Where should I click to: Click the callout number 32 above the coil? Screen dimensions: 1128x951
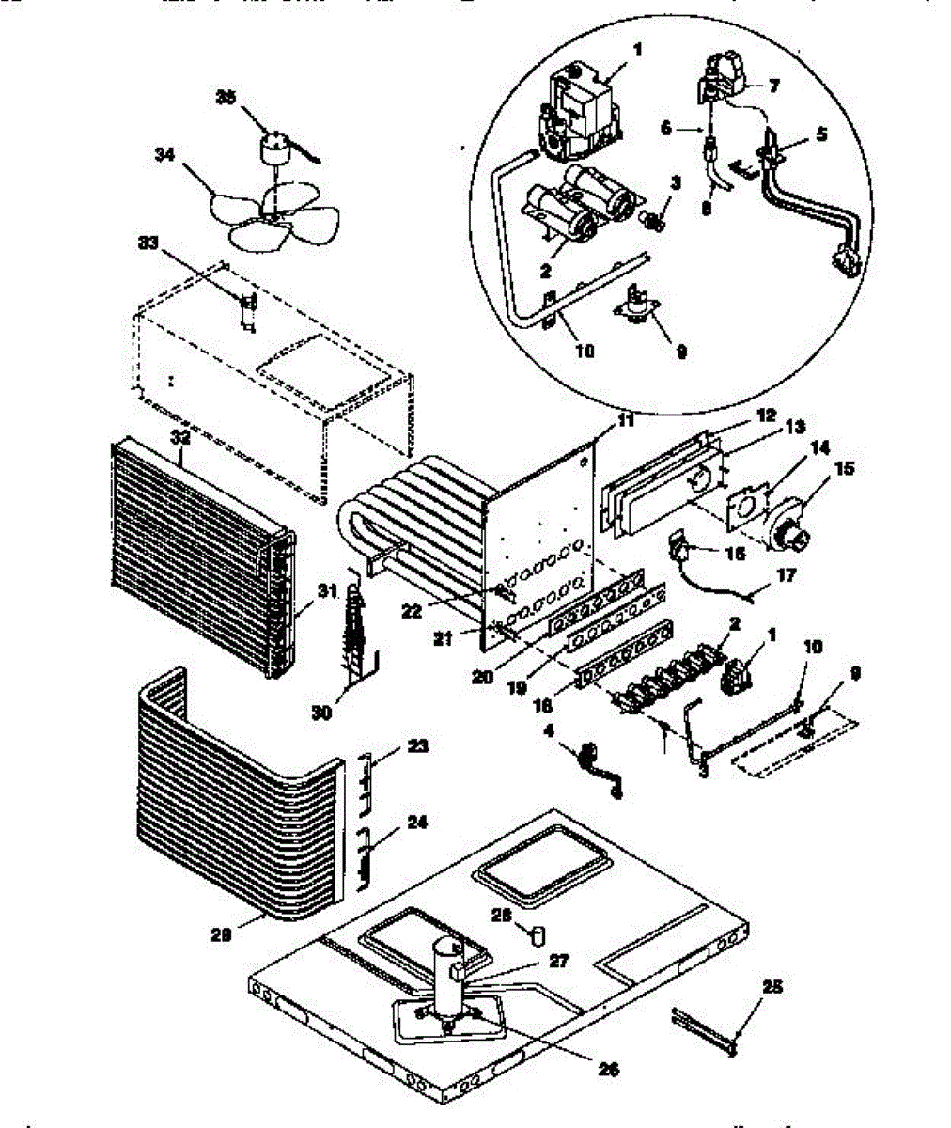tap(180, 437)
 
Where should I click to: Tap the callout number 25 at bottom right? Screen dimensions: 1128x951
tap(773, 988)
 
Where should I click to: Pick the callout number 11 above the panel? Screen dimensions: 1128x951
tap(625, 423)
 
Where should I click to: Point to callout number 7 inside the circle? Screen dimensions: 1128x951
tap(774, 86)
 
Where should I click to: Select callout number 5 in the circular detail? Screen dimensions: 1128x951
tap(821, 134)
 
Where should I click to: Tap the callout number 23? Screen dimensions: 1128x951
tap(417, 745)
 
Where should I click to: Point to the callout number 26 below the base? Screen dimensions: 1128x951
tap(607, 1067)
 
